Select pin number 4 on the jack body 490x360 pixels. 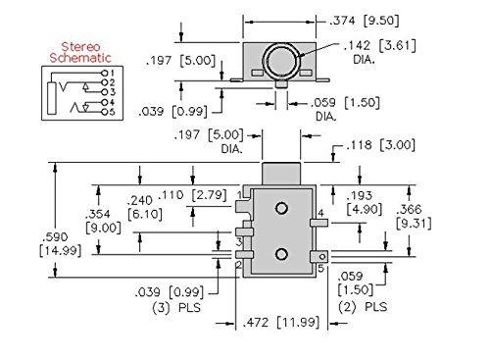point(321,214)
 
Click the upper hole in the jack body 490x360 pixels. point(281,209)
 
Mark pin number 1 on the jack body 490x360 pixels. point(239,196)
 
